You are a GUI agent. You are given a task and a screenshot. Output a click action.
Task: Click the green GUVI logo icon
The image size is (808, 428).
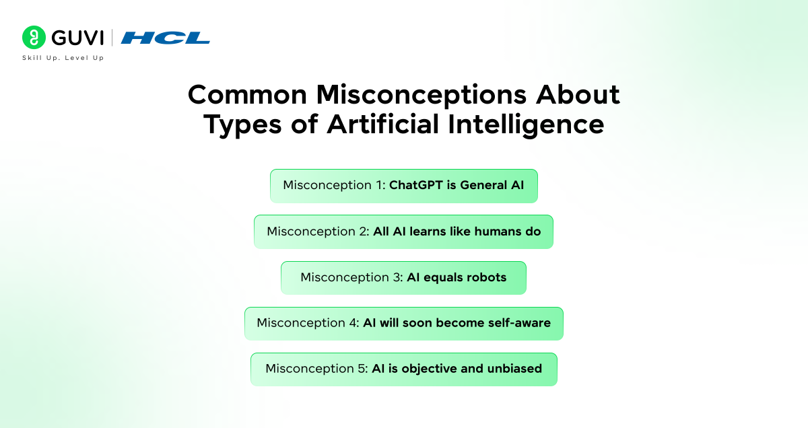[33, 38]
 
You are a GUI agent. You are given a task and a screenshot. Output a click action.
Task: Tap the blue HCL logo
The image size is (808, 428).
[166, 38]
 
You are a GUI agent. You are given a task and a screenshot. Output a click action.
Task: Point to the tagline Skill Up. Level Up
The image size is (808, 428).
[63, 58]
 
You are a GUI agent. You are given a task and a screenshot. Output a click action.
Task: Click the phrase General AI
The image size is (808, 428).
[492, 185]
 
